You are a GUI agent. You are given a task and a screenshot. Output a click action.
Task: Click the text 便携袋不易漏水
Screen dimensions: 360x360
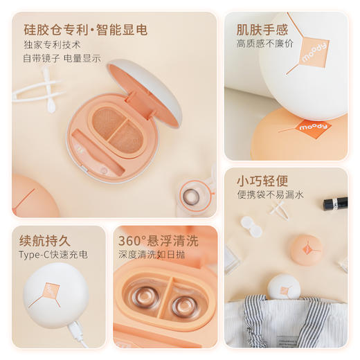click(269, 195)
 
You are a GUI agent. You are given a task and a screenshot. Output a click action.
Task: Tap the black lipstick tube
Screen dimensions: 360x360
click(335, 204)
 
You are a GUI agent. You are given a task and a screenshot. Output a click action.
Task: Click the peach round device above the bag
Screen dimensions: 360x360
click(306, 249)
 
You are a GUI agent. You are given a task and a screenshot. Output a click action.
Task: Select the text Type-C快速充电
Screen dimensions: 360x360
click(54, 255)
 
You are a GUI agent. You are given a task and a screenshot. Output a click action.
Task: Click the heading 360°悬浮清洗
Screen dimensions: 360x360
click(158, 241)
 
